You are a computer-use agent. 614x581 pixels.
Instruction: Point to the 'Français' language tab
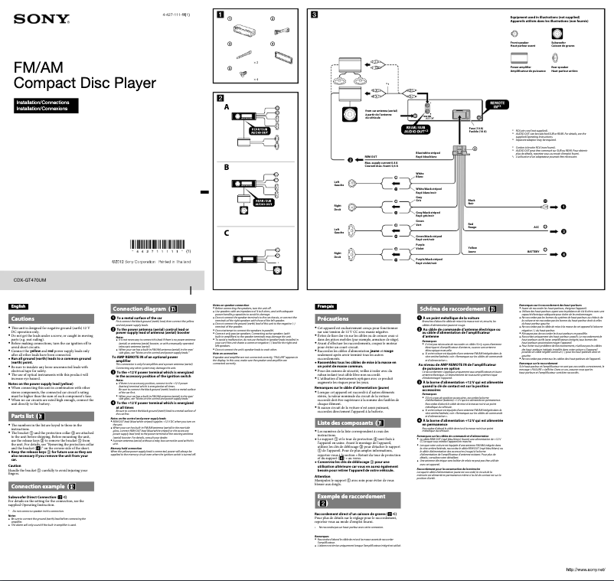326,306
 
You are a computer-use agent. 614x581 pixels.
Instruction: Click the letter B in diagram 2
227,166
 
